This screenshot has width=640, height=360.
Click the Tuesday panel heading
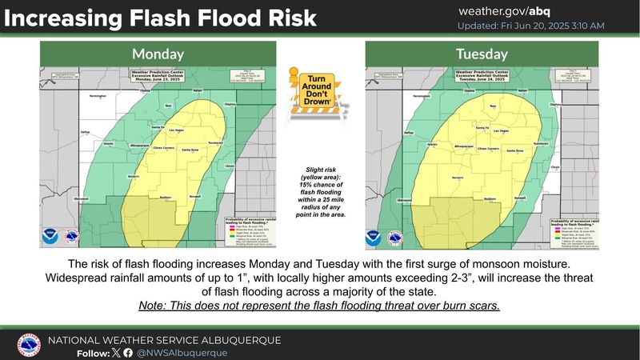click(x=482, y=54)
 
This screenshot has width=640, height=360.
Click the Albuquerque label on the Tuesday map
click(x=442, y=146)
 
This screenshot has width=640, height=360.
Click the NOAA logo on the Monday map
click(x=51, y=238)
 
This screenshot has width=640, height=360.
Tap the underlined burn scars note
click(x=319, y=307)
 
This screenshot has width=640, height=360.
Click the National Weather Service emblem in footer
click(x=30, y=344)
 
